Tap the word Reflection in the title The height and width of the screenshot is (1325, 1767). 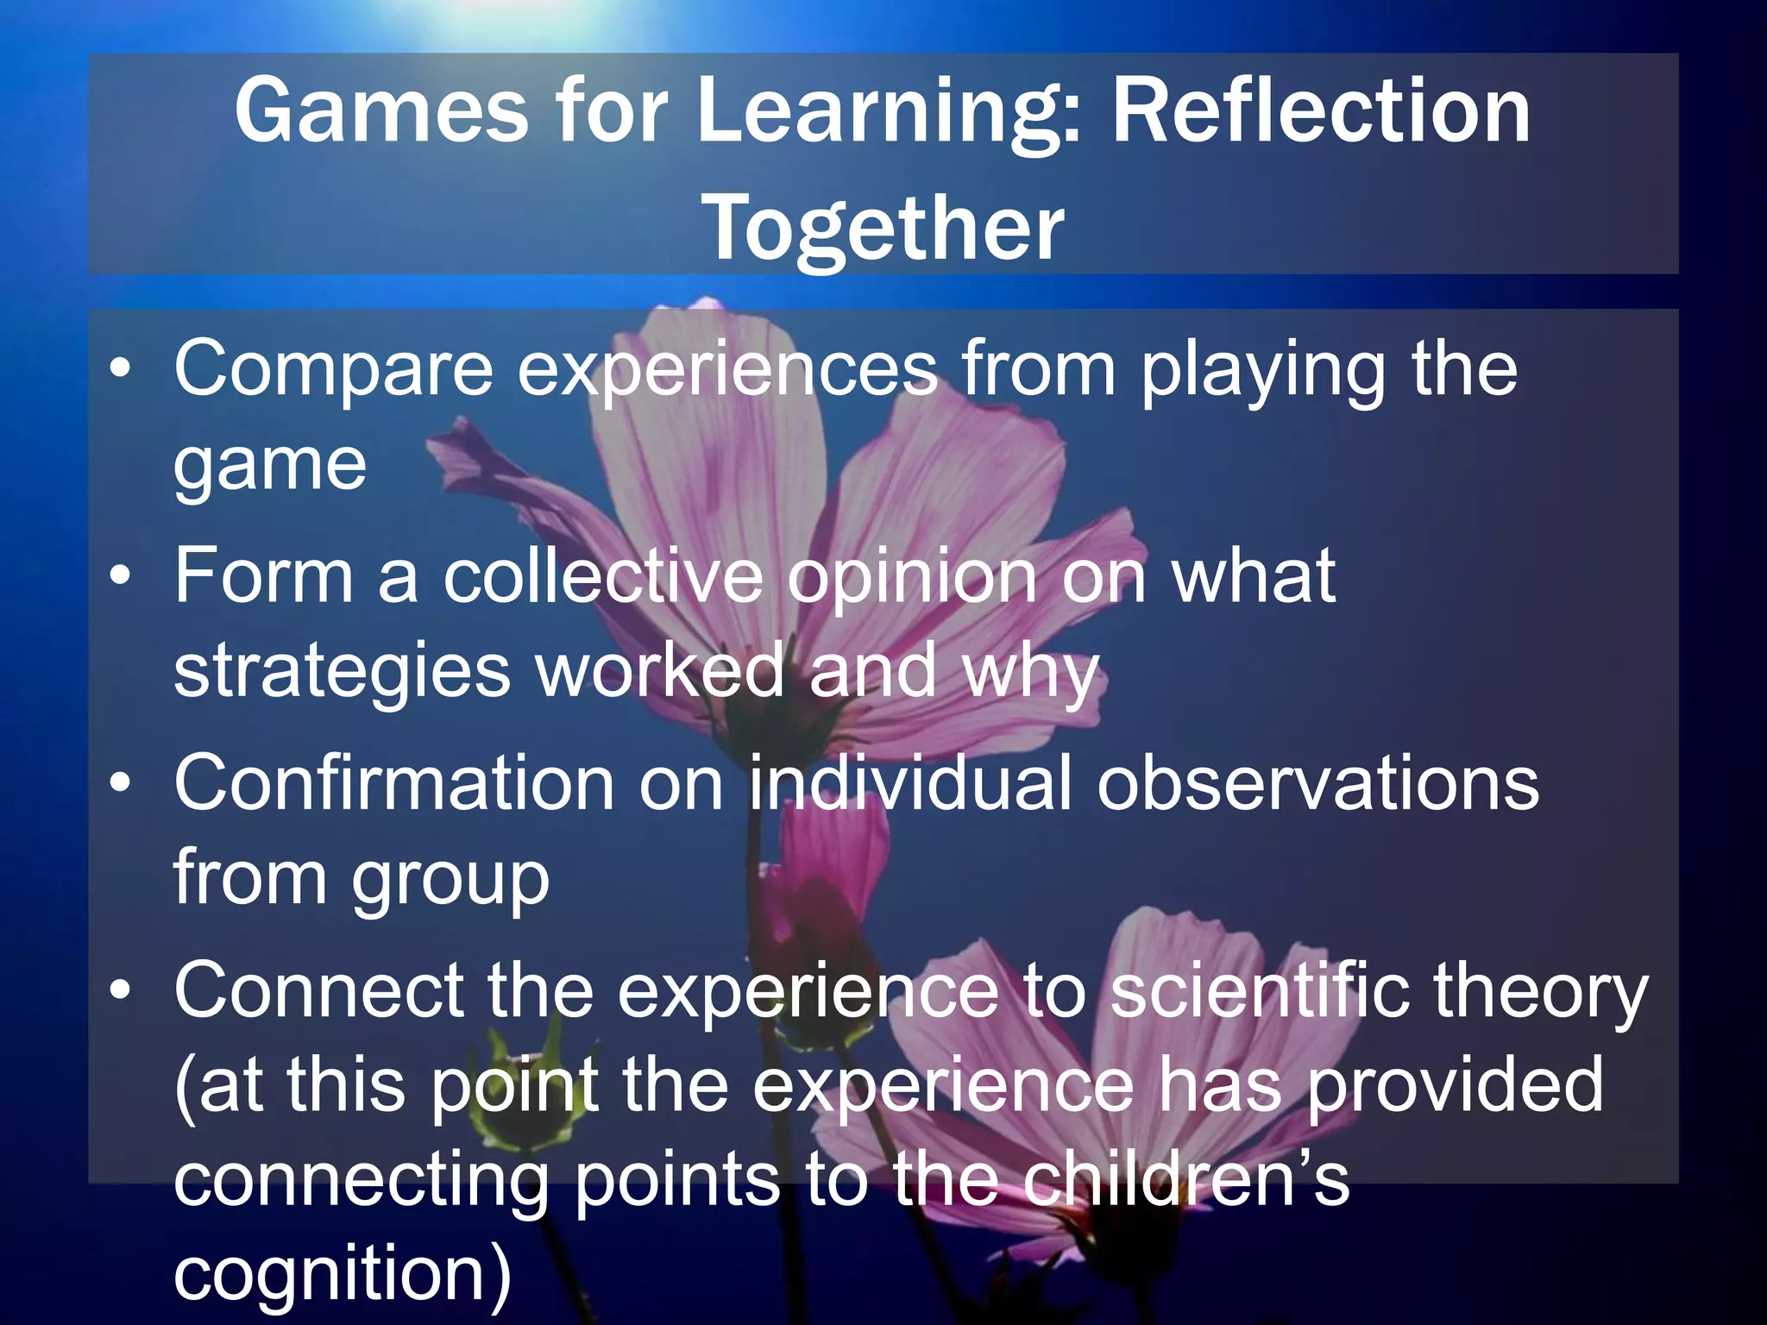tap(1321, 110)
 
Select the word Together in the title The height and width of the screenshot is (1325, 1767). tap(884, 227)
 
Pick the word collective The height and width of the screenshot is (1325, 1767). tap(603, 575)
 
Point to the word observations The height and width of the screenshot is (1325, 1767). tap(1317, 782)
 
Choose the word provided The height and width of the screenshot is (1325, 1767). tap(1456, 1085)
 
